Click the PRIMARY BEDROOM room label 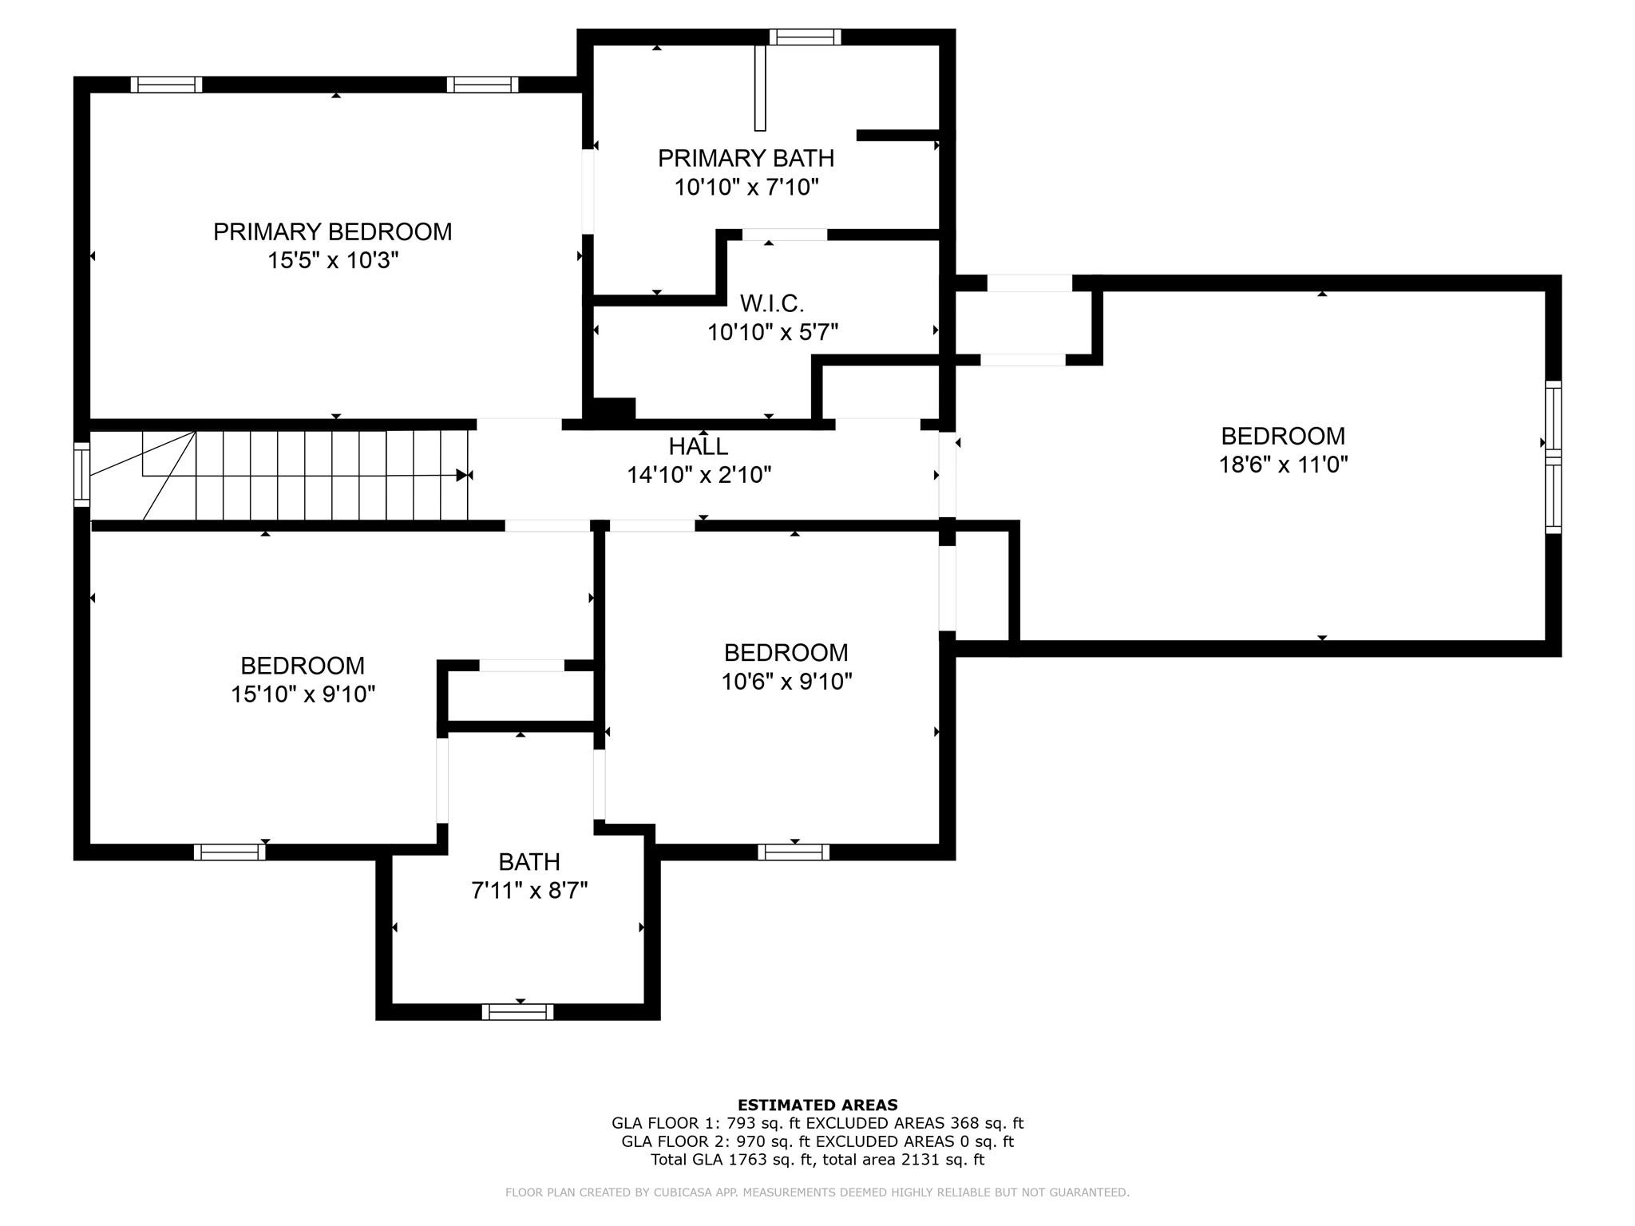point(332,231)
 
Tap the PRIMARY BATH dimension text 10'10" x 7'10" point(746,188)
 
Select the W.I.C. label point(771,303)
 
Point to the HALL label point(699,446)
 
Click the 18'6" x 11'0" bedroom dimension point(1283,465)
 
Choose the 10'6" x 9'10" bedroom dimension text point(786,682)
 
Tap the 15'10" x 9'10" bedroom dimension point(303,694)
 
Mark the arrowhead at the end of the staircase point(462,475)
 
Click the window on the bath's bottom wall point(517,1012)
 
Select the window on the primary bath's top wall point(805,37)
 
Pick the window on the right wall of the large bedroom point(1553,457)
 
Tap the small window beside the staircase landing point(81,474)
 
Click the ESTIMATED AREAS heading point(817,1105)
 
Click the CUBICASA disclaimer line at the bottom point(817,1192)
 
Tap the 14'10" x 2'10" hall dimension point(699,476)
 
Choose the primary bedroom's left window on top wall point(166,85)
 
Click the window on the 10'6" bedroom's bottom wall point(794,852)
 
